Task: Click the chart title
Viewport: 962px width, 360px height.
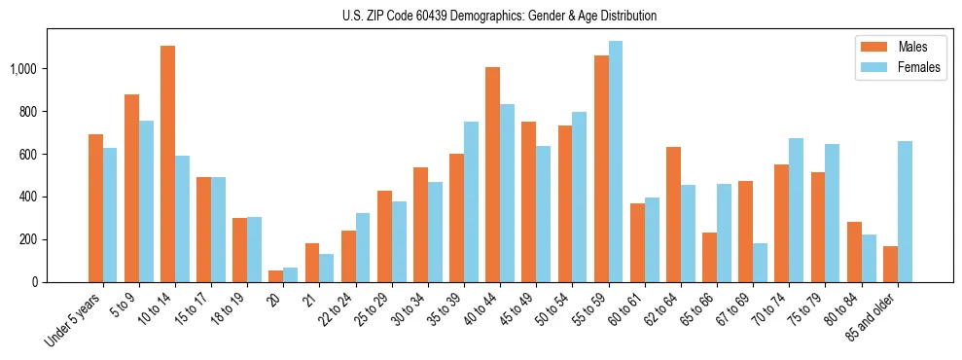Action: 499,16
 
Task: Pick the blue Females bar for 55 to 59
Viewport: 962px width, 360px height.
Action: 615,162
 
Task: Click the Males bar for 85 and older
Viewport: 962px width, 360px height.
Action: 890,264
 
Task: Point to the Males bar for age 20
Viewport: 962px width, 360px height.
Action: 276,276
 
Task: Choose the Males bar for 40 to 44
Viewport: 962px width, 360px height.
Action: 492,174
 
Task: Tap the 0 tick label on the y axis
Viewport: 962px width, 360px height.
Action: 35,282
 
